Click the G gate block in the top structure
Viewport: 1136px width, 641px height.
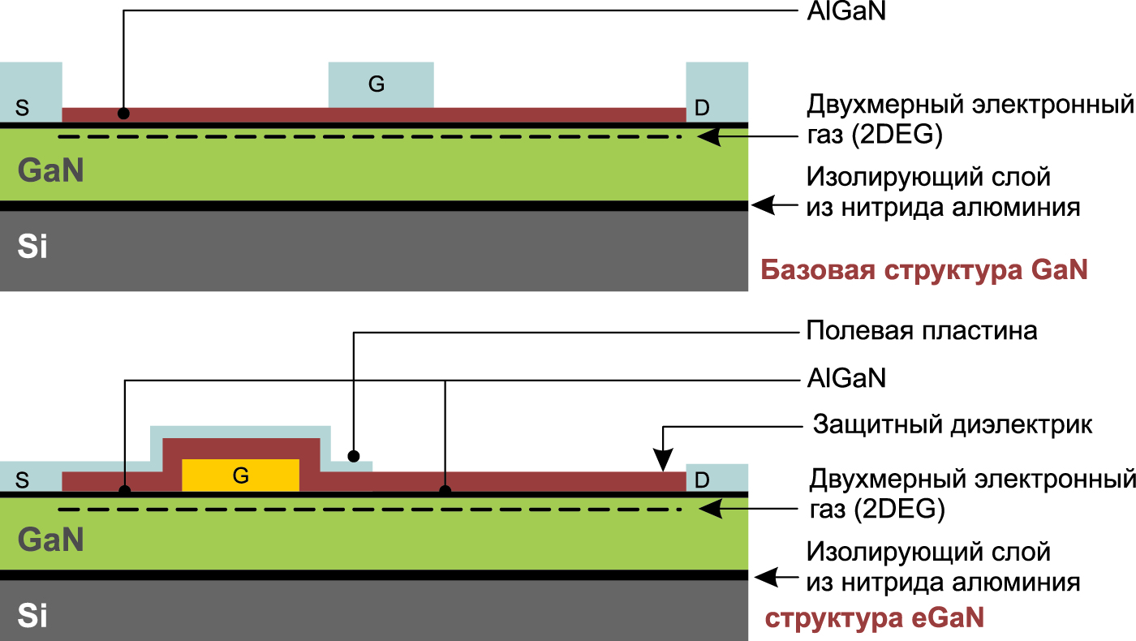point(380,84)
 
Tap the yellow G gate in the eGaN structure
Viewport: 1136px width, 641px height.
point(240,475)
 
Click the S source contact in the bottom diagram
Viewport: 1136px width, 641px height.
point(24,478)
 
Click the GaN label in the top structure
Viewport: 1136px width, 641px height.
point(50,170)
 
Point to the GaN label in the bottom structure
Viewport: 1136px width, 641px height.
point(50,540)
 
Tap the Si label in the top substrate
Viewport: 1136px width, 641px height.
point(32,247)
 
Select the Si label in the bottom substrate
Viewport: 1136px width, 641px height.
point(32,617)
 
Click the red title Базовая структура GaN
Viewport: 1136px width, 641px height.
point(923,269)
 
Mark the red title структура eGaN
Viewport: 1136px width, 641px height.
point(875,618)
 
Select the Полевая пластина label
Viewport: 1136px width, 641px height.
point(922,331)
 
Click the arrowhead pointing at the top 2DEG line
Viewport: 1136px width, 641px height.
point(706,137)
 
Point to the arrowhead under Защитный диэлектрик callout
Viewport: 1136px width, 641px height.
point(663,463)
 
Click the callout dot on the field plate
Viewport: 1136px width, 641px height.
point(353,454)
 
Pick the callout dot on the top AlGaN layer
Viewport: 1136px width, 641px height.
point(123,114)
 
